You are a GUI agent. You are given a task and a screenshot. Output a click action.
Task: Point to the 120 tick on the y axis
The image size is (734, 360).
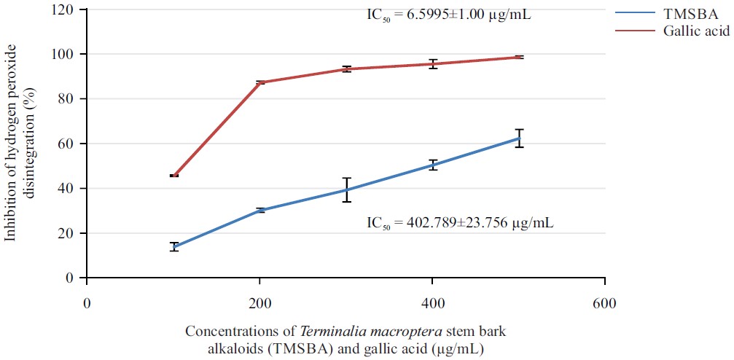[68, 9]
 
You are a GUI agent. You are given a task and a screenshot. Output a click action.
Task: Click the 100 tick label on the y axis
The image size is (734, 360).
[68, 55]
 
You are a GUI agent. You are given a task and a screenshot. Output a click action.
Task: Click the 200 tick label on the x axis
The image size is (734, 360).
[259, 302]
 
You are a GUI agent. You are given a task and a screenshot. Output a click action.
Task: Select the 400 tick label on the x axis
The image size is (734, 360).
[432, 302]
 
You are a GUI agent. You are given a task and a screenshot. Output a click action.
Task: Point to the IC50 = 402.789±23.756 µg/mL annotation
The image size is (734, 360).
[460, 222]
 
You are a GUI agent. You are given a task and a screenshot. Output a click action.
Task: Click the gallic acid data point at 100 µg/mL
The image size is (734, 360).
[174, 176]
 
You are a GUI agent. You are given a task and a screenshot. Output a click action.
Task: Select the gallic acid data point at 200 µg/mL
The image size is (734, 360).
[260, 82]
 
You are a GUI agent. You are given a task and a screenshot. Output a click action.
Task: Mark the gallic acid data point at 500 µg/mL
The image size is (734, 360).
[519, 57]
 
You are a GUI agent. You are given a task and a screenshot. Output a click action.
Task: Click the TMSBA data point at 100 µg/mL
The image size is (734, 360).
[174, 246]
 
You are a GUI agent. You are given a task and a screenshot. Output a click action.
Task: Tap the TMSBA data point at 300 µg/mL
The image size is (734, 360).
[347, 189]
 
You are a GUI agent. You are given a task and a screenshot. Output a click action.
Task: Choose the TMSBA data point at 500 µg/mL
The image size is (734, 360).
[519, 138]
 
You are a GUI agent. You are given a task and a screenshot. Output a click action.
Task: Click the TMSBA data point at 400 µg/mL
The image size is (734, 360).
[433, 165]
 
